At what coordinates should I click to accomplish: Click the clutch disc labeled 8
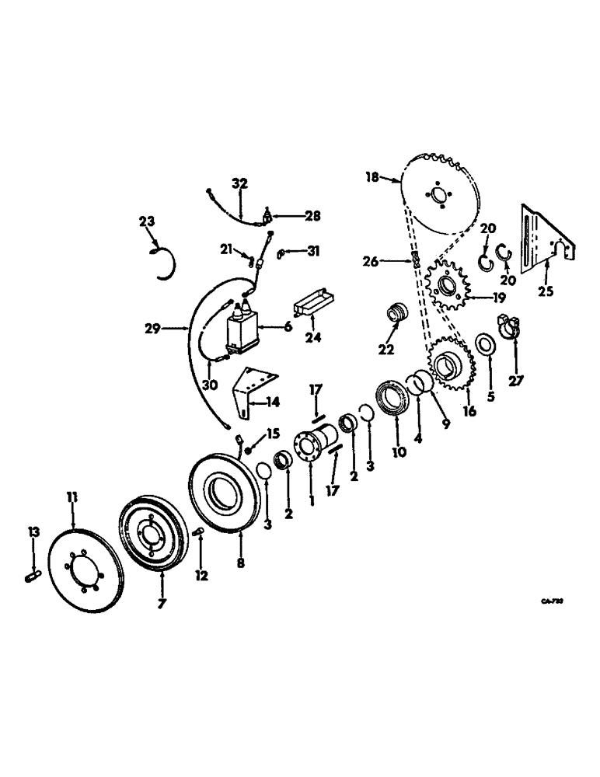click(222, 497)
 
